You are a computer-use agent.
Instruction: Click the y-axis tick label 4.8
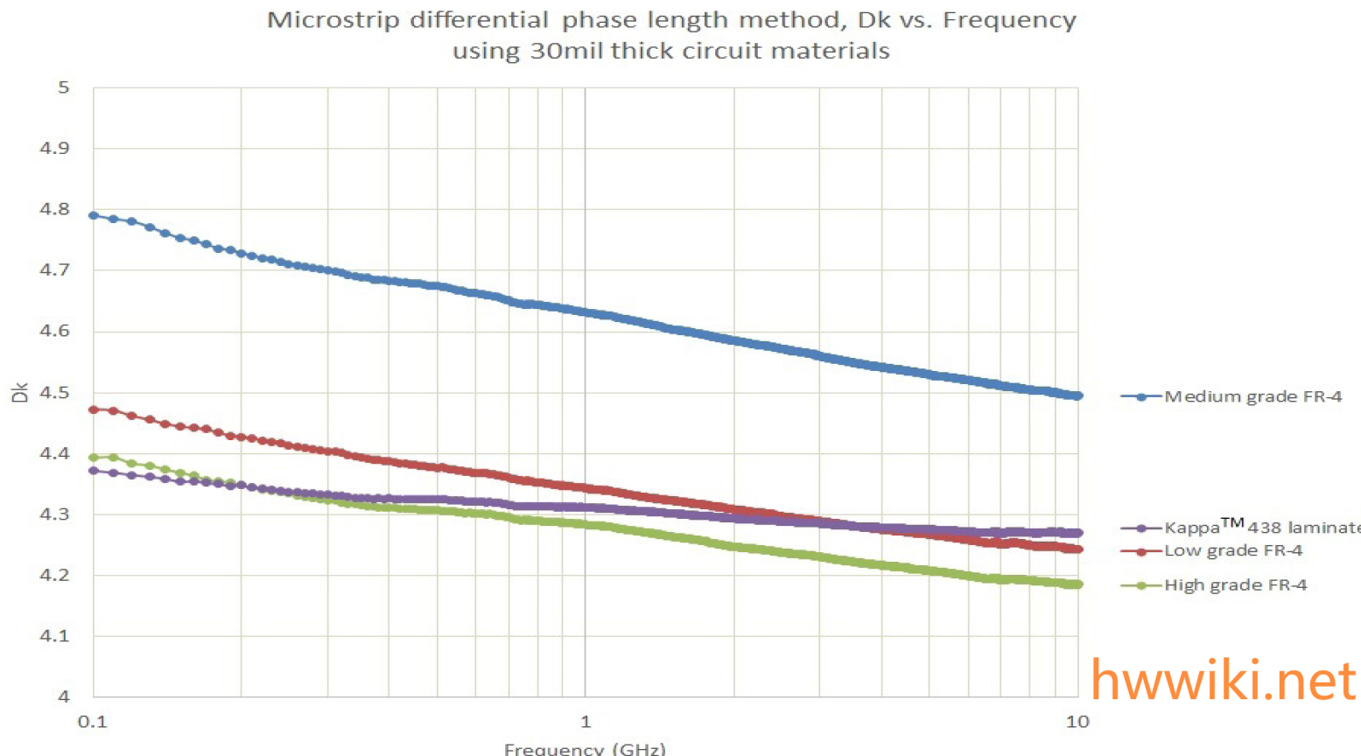(x=55, y=209)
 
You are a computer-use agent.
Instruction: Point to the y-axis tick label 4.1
(x=55, y=636)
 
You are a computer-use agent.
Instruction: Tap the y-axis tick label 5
(x=63, y=87)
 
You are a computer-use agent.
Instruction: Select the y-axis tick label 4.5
(x=55, y=393)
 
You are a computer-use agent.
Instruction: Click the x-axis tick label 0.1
(x=92, y=722)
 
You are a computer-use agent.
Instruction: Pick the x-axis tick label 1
(x=586, y=722)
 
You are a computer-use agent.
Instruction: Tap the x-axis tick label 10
(x=1077, y=722)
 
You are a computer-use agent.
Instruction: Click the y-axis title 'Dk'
(x=20, y=392)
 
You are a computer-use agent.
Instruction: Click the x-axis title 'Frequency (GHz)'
(x=585, y=749)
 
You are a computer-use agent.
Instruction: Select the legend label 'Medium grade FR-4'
(x=1252, y=396)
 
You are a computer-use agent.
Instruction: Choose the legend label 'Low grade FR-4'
(x=1232, y=550)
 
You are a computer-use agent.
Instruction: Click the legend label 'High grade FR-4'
(x=1235, y=584)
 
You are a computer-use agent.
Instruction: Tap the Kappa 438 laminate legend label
(x=1261, y=527)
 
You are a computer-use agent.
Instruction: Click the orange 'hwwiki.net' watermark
(x=1223, y=681)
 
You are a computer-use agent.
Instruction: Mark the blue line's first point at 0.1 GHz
(x=94, y=215)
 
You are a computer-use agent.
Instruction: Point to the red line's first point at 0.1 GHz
(x=94, y=409)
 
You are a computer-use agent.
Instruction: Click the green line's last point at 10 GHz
(x=1077, y=584)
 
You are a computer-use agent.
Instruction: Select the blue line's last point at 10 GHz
(x=1077, y=396)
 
